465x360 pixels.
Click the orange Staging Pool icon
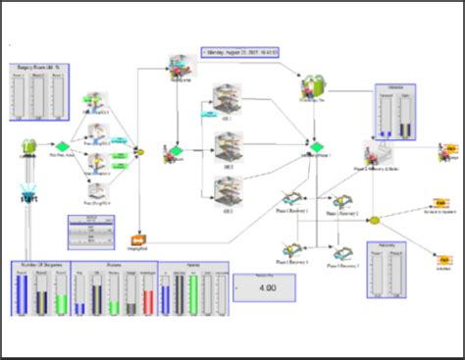(x=137, y=238)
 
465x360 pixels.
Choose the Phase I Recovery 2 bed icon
(x=343, y=203)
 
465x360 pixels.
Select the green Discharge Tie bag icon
(x=313, y=88)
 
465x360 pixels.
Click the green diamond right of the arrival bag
(x=62, y=148)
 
